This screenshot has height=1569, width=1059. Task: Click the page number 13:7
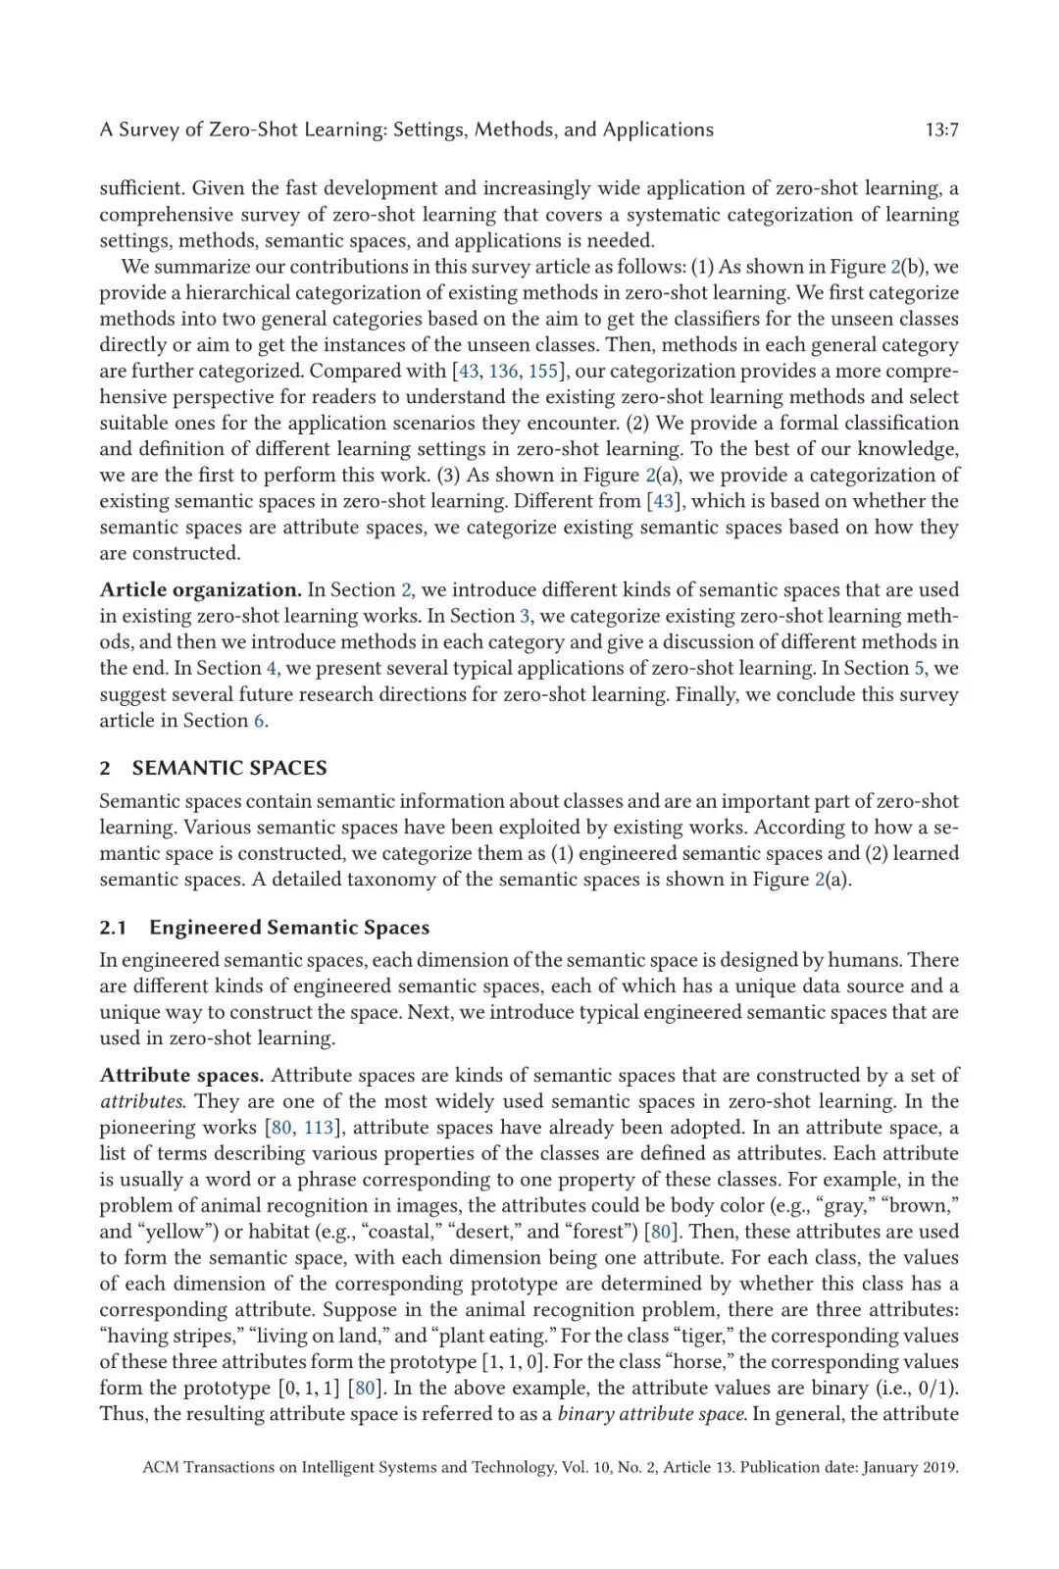click(940, 129)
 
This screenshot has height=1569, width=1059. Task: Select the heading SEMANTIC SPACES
click(229, 768)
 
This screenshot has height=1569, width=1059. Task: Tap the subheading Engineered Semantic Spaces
click(289, 928)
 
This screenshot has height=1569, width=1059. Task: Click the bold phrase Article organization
click(200, 589)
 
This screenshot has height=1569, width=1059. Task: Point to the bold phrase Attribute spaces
click(181, 1075)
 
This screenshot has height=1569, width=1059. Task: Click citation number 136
click(503, 371)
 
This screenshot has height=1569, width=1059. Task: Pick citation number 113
click(319, 1127)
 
